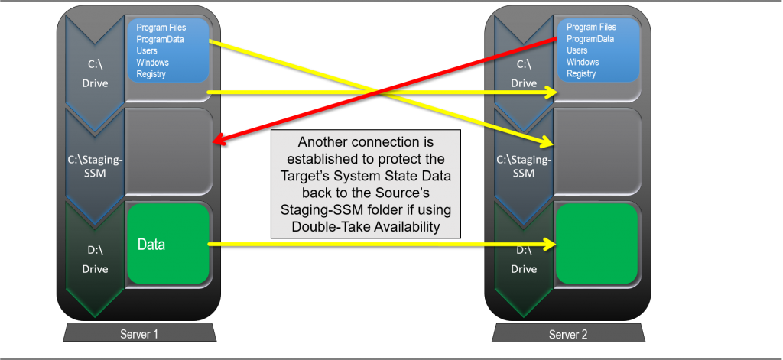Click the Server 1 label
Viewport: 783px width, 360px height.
click(x=139, y=334)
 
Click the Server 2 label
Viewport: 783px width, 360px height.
click(x=568, y=334)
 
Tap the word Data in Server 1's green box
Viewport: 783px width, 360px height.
click(x=151, y=245)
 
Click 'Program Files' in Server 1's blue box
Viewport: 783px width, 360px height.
click(x=161, y=28)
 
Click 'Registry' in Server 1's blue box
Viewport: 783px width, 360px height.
click(x=151, y=74)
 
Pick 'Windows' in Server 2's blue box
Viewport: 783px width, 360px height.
click(x=582, y=62)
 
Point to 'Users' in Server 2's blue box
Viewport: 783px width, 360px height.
click(x=577, y=50)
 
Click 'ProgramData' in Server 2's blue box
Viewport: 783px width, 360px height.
click(x=590, y=39)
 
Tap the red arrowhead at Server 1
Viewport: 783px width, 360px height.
click(x=219, y=141)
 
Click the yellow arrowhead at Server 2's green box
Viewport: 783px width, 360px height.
click(x=548, y=245)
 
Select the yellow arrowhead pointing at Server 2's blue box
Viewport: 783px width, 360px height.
click(x=548, y=92)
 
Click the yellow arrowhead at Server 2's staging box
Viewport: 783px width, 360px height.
click(x=547, y=141)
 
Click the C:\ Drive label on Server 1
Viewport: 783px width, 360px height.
click(x=96, y=74)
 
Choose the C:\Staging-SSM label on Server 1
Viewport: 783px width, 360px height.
click(x=96, y=166)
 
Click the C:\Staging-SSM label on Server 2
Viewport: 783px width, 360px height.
click(x=524, y=166)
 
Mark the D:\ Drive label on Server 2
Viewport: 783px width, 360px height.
click(x=524, y=259)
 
